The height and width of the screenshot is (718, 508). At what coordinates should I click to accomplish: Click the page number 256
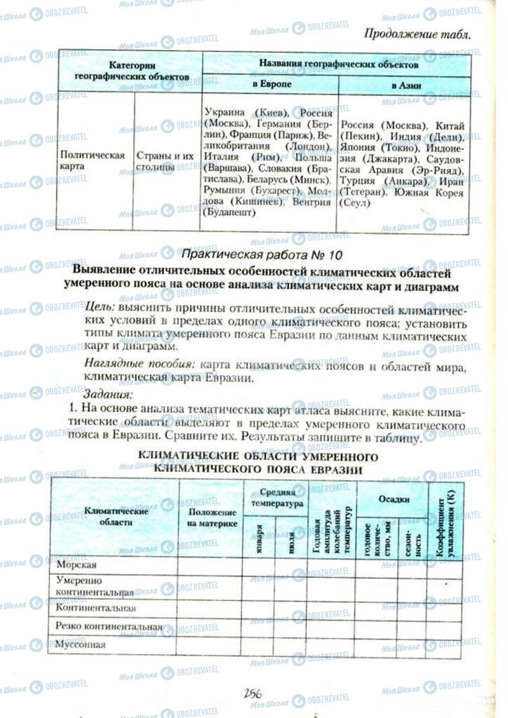point(253,693)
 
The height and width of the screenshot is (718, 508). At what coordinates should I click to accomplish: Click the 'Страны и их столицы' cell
point(165,161)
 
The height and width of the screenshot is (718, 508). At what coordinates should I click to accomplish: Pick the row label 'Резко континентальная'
point(109,626)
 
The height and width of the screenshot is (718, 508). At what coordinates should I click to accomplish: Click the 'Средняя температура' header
point(275,498)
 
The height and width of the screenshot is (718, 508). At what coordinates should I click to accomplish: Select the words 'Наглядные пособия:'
point(139,365)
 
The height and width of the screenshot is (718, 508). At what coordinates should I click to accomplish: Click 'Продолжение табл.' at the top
point(418,32)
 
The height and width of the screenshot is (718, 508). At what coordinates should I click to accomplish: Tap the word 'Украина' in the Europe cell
point(225,112)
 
